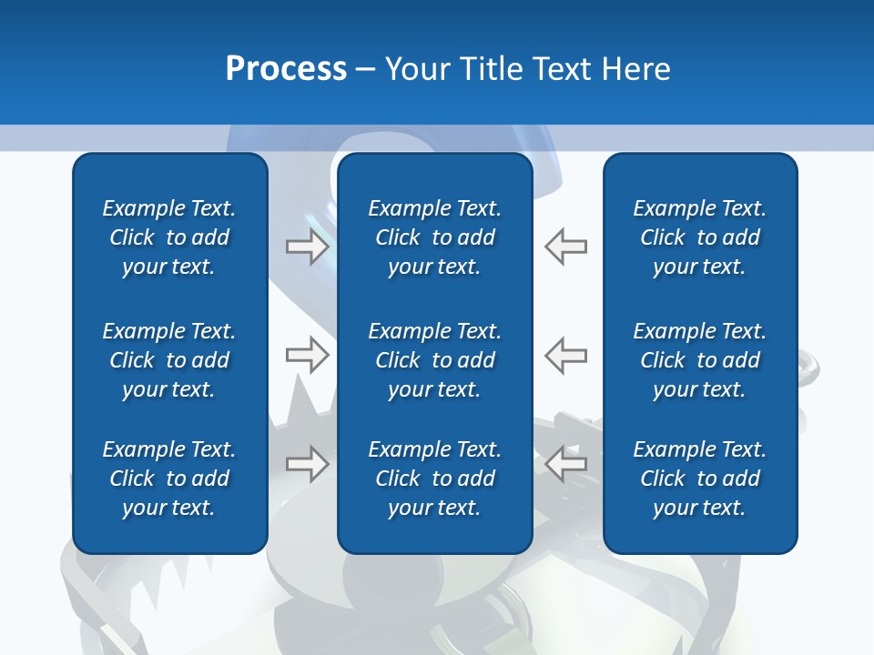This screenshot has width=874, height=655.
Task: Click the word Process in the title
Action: click(286, 69)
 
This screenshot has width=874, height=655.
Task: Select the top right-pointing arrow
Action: click(308, 246)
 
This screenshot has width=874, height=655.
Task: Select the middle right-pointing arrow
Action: click(308, 355)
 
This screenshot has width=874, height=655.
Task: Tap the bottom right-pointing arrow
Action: click(308, 464)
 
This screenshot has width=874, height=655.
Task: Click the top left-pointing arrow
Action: click(565, 246)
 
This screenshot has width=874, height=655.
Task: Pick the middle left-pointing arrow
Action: click(565, 355)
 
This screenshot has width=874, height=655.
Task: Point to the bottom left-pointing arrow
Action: click(565, 464)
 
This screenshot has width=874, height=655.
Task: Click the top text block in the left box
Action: click(169, 237)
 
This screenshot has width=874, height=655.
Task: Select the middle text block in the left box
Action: click(169, 360)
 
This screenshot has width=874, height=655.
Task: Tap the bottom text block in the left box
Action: click(169, 479)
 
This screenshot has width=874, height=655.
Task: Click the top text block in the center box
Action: click(434, 237)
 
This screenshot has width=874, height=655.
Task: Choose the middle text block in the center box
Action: click(434, 360)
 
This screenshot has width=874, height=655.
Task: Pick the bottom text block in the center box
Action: click(434, 479)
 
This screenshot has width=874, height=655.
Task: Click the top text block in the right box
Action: click(699, 237)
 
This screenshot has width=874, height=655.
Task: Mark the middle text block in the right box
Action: click(699, 360)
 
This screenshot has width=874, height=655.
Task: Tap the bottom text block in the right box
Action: click(699, 479)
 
